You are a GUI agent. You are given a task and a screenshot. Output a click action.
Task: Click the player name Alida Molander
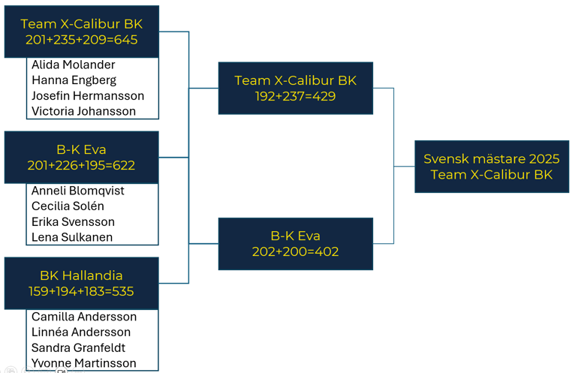click(74, 65)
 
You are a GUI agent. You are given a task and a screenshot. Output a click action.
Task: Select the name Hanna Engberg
click(74, 80)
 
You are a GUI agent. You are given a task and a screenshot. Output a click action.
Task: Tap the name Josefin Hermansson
click(88, 96)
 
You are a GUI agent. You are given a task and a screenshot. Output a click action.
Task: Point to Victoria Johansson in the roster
click(83, 111)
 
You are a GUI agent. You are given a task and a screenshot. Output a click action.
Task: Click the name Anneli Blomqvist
click(78, 191)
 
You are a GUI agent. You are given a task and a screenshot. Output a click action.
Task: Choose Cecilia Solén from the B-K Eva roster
click(68, 206)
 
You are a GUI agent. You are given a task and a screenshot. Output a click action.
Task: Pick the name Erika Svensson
click(73, 222)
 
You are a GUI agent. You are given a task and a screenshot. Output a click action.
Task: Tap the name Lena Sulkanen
click(72, 237)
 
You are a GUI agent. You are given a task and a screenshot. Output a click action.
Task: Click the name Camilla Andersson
click(84, 317)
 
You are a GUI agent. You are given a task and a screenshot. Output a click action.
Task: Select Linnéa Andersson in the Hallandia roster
click(81, 332)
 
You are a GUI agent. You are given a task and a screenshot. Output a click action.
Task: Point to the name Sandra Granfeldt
click(79, 347)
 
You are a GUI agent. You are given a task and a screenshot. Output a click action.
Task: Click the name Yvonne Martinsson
click(83, 363)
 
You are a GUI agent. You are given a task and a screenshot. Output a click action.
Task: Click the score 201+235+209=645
click(81, 40)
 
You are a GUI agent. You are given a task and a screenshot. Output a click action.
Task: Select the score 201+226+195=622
click(81, 165)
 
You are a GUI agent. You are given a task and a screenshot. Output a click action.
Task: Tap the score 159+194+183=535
click(81, 291)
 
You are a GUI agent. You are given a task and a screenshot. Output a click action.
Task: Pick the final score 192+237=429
click(295, 96)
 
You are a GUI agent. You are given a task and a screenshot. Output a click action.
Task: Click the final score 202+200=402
click(295, 251)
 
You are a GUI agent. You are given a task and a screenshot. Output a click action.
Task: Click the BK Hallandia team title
click(81, 275)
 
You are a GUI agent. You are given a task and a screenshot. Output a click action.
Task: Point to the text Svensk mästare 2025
click(492, 159)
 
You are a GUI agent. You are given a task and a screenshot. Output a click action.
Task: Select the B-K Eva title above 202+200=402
click(295, 236)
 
